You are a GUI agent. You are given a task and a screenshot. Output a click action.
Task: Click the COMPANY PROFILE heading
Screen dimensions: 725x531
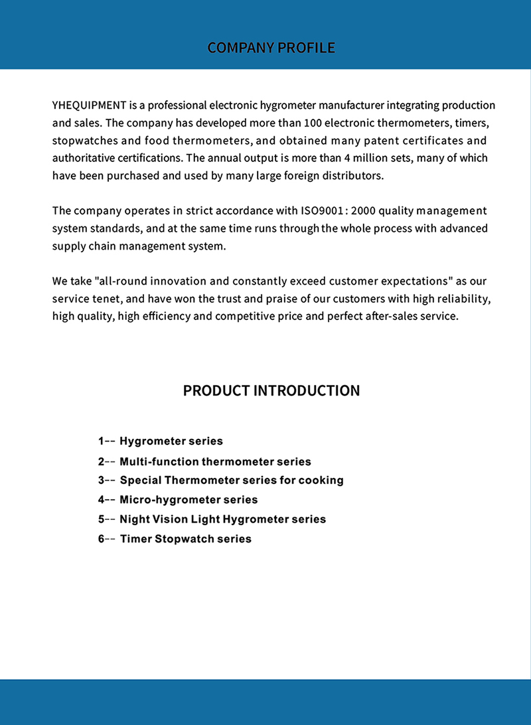click(x=271, y=48)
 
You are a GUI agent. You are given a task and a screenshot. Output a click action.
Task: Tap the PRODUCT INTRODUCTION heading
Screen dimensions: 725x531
click(x=271, y=390)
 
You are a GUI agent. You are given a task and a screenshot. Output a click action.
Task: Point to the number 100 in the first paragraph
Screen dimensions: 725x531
click(x=313, y=123)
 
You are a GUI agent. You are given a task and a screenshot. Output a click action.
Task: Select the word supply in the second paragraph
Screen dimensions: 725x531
click(x=67, y=246)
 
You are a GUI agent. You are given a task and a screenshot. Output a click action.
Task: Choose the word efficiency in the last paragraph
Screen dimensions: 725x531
click(x=165, y=316)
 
